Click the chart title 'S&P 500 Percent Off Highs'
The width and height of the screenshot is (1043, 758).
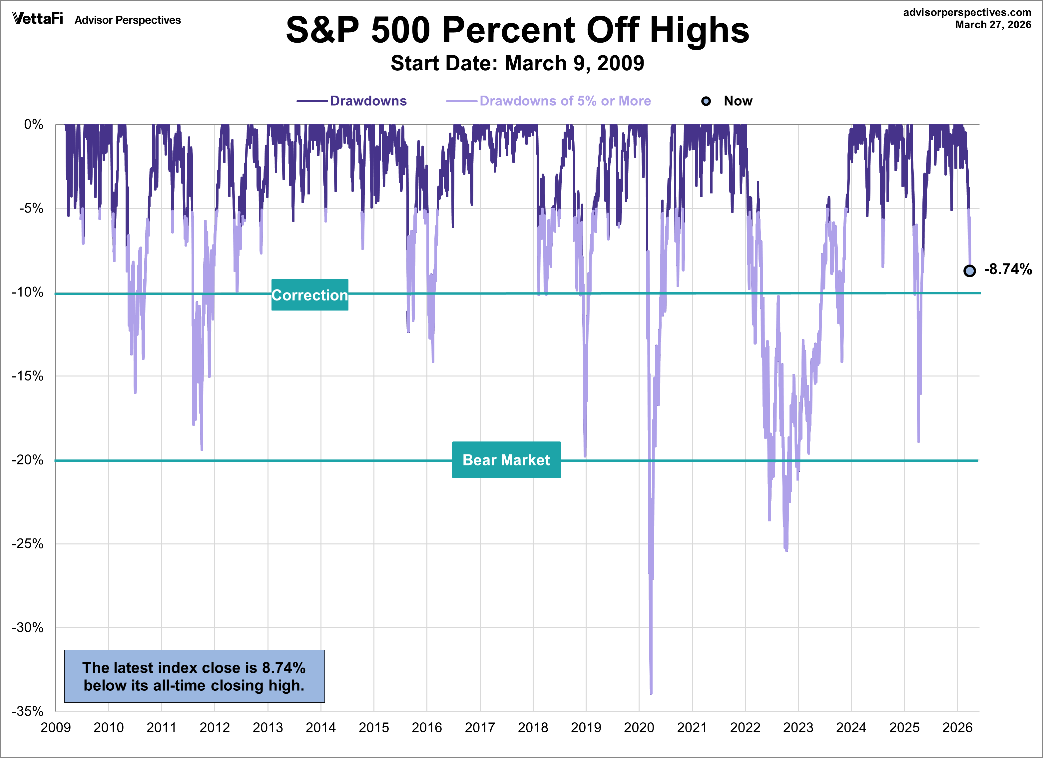(517, 30)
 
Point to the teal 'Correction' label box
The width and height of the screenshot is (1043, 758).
(309, 295)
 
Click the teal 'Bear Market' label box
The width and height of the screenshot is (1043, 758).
(506, 460)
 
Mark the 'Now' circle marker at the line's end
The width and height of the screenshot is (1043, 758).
(969, 271)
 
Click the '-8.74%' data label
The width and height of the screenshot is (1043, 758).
(1008, 270)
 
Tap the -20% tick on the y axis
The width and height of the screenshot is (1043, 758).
(28, 460)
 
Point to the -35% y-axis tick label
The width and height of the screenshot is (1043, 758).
(28, 711)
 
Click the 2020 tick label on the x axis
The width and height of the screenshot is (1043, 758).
(639, 728)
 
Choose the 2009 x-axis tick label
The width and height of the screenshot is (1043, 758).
(56, 728)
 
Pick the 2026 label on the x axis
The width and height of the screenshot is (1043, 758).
(957, 728)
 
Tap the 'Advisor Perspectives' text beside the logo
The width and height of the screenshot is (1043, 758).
(128, 20)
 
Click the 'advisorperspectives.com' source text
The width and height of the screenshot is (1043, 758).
(967, 12)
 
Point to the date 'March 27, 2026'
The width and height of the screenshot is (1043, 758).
(993, 25)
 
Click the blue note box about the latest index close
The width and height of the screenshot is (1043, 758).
(194, 676)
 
